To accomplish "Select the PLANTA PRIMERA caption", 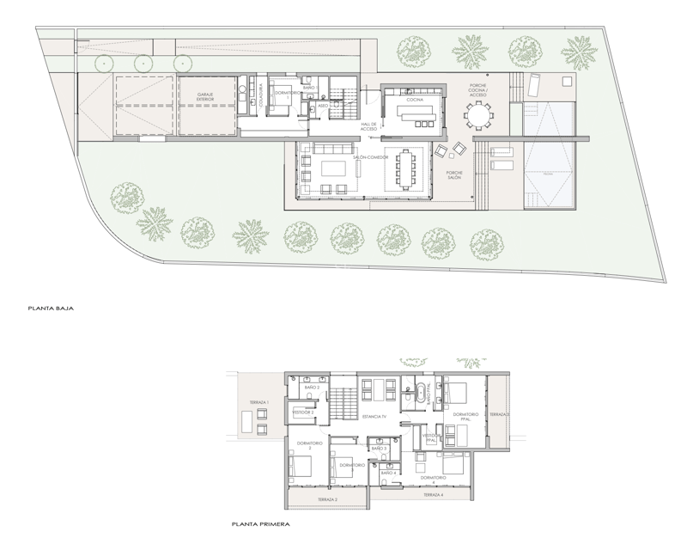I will (260, 523).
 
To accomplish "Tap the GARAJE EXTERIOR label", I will (206, 98).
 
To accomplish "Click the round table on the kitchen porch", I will (476, 113).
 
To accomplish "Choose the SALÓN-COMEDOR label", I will (371, 157).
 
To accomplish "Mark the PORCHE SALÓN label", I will (455, 176).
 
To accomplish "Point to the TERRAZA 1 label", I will (259, 402).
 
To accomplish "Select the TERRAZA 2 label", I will (326, 499).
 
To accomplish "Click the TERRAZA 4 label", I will (433, 495).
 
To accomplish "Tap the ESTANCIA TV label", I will (374, 416).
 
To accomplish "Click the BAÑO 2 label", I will (313, 388).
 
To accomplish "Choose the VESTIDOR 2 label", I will (302, 412).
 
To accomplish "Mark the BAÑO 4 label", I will (387, 472).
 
